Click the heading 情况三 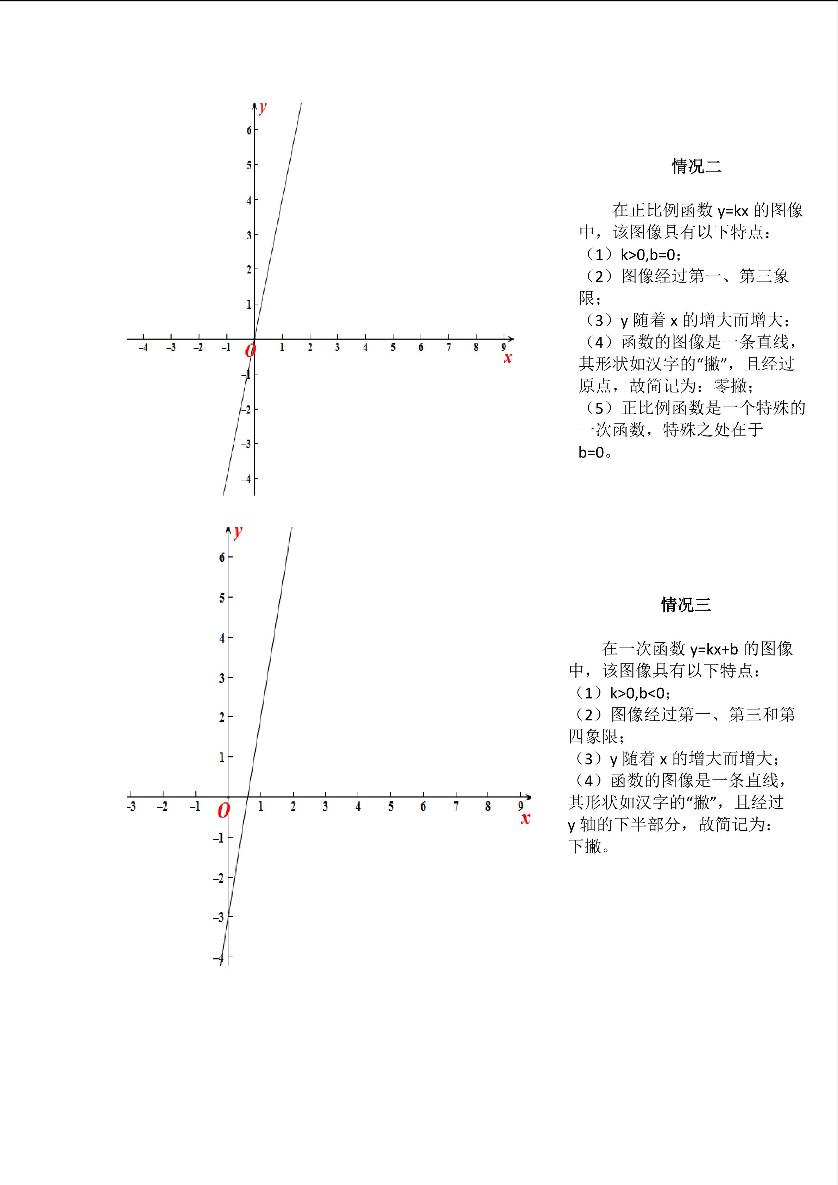click(686, 604)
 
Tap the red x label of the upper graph click(508, 358)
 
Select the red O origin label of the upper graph click(250, 351)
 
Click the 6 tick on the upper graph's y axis click(249, 130)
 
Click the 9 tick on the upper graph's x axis click(504, 347)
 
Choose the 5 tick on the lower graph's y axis click(222, 598)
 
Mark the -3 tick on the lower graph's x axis click(131, 807)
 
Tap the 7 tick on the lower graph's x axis click(456, 806)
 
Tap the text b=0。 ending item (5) click(594, 453)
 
